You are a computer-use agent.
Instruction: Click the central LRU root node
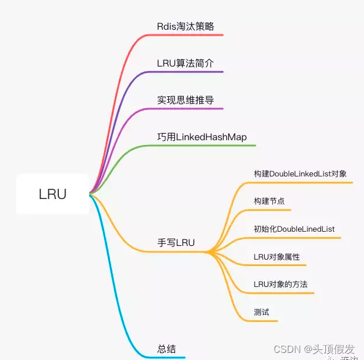click(52, 194)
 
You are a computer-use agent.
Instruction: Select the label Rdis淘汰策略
click(185, 26)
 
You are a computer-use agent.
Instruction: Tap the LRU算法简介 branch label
click(185, 63)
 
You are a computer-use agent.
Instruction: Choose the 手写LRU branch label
click(176, 242)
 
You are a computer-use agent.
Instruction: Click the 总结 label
click(167, 349)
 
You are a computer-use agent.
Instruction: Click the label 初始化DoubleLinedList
click(294, 229)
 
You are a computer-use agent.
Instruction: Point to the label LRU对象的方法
click(280, 285)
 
